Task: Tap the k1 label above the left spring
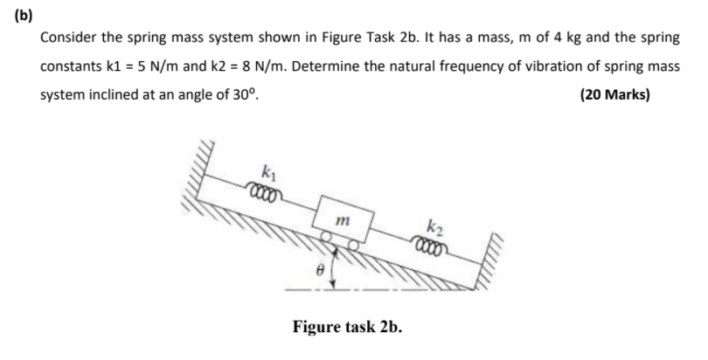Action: [x=267, y=167]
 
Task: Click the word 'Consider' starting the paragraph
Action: [x=67, y=40]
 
